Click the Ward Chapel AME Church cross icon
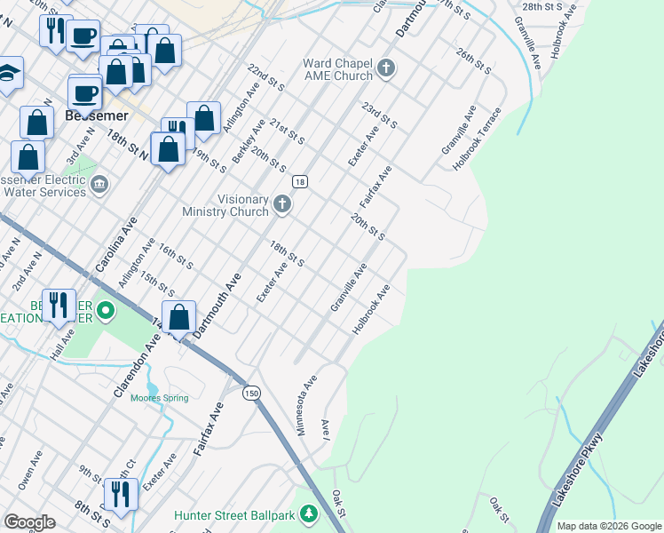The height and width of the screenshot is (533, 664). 385,68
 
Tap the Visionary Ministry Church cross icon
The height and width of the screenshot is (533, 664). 282,205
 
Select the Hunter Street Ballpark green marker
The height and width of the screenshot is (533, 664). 308,514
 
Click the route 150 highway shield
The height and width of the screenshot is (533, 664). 253,393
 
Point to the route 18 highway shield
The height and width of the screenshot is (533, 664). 300,181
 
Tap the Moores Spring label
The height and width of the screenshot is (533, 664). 160,398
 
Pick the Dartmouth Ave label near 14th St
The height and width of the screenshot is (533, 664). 217,304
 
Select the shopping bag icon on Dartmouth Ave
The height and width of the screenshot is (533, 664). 179,317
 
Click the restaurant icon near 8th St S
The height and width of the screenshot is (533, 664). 121,493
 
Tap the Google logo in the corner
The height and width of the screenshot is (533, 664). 30,522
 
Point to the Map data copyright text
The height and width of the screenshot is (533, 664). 609,526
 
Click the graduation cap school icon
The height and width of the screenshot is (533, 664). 7,74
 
